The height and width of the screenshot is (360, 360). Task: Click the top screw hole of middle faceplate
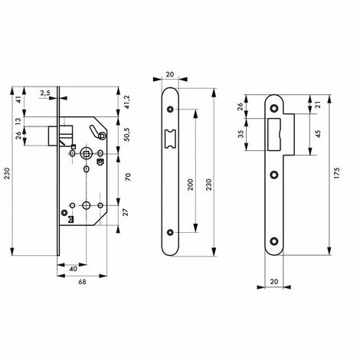(170, 110)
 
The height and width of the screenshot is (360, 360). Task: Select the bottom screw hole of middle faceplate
(170, 231)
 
